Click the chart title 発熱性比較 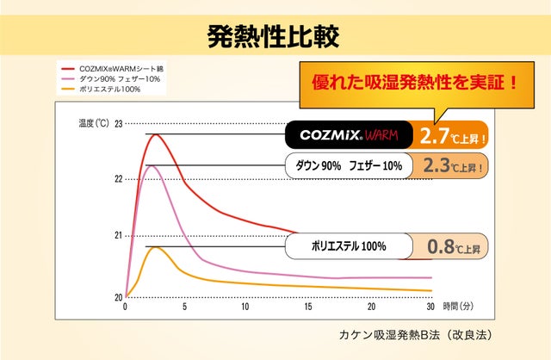tap(274, 35)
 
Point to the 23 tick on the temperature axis tap(118, 123)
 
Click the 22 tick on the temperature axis tap(118, 179)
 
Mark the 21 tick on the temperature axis tap(118, 235)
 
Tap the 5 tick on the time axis tap(184, 307)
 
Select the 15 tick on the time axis tap(308, 307)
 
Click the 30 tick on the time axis tap(430, 307)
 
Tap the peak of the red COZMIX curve tap(155, 134)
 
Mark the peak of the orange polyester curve tap(155, 247)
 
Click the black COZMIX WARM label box tap(347, 135)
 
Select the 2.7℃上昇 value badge tap(449, 135)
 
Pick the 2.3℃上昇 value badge tap(449, 164)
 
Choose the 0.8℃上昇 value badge tap(449, 246)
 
